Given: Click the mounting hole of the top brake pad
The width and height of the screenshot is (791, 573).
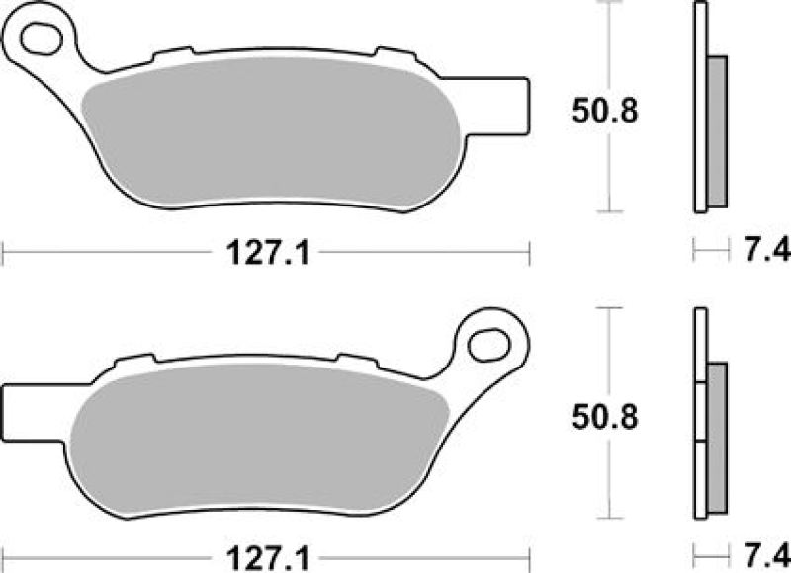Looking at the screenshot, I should click(x=43, y=40).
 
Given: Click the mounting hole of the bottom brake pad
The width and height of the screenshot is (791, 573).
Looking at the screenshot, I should click(x=488, y=345).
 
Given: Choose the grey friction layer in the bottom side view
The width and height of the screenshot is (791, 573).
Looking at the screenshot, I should click(x=718, y=435).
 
